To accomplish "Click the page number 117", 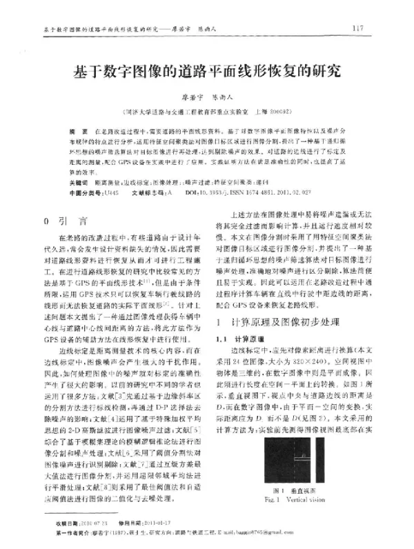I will point(357,29).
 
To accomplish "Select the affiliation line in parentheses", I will point(206,110).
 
